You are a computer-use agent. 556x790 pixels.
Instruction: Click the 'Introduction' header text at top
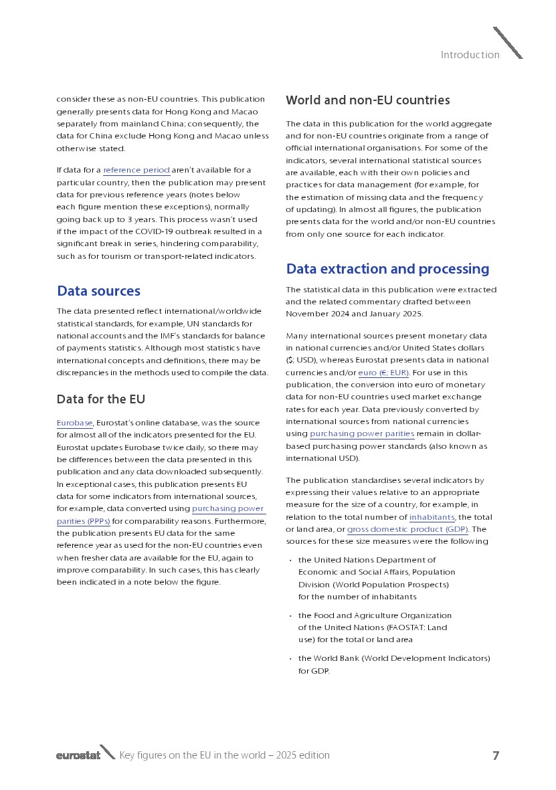(470, 55)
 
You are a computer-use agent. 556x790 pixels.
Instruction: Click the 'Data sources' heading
(98, 291)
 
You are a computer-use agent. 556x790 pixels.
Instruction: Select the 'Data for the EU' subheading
(100, 399)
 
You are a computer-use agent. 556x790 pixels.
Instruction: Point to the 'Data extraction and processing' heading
(387, 269)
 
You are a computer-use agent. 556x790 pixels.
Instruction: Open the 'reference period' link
(136, 171)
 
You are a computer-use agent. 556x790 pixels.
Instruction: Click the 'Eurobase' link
(74, 423)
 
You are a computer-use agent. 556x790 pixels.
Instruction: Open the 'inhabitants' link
(432, 517)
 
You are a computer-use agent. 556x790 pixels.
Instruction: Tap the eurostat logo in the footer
(78, 755)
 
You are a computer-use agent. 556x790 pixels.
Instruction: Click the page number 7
(496, 756)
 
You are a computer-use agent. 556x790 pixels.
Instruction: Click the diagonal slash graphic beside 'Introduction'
(508, 43)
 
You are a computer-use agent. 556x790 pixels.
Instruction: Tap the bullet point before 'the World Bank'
(290, 659)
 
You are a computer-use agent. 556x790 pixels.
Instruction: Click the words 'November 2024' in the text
(314, 314)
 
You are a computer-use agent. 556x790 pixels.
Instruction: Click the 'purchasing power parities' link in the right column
(362, 433)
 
